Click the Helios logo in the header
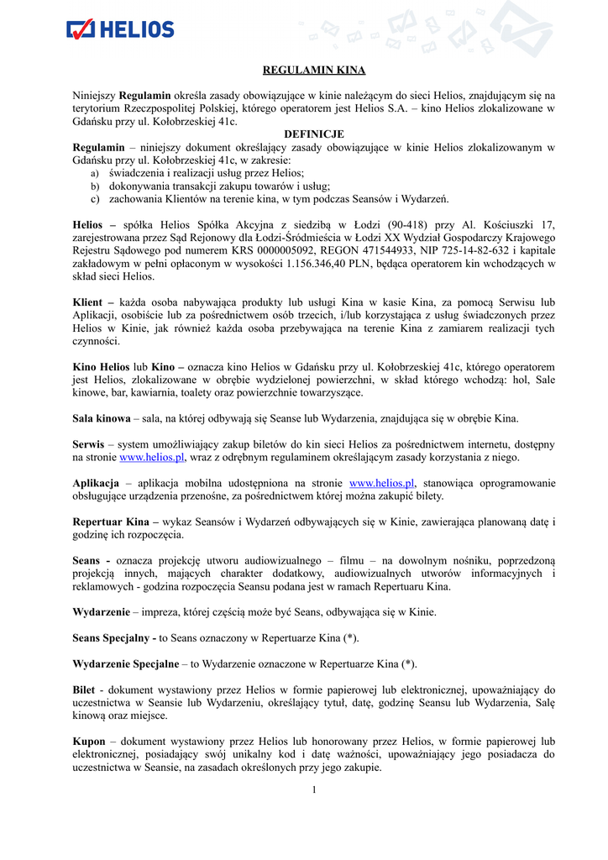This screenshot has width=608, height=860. pyautogui.click(x=120, y=29)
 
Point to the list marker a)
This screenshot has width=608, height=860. pyautogui.click(x=94, y=173)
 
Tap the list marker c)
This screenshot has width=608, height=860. pyautogui.click(x=94, y=199)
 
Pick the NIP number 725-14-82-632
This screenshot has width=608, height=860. pyautogui.click(x=450, y=250)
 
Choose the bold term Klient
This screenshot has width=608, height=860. pyautogui.click(x=89, y=302)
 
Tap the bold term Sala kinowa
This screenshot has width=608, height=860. pyautogui.click(x=102, y=418)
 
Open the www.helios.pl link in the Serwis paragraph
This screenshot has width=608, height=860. pyautogui.click(x=151, y=458)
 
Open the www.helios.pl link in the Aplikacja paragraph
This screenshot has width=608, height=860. pyautogui.click(x=381, y=484)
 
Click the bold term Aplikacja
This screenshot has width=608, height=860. pyautogui.click(x=97, y=484)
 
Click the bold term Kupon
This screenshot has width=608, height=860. pyautogui.click(x=90, y=742)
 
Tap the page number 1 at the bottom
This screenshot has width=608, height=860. pyautogui.click(x=313, y=790)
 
